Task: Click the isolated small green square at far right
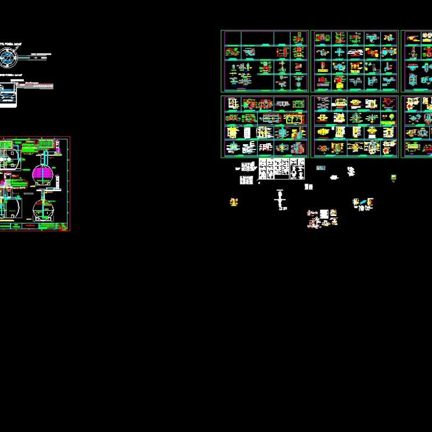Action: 394,177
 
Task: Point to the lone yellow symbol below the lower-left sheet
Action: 234,202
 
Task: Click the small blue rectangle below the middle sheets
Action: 321,168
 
